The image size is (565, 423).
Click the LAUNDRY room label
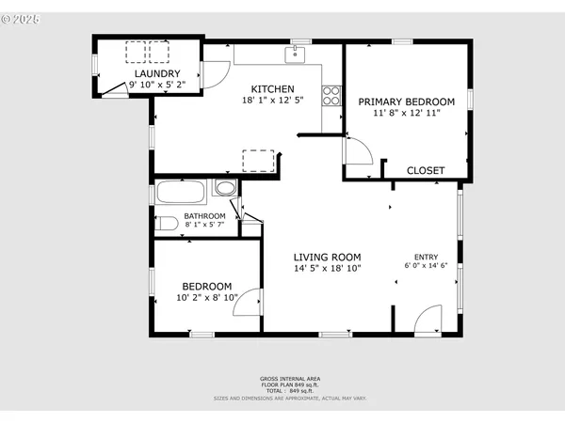pos(156,73)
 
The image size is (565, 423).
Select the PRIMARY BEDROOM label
pos(407,102)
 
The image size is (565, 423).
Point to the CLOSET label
pos(425,170)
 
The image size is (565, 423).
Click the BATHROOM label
pos(204,216)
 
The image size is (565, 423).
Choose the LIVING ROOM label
pos(327,257)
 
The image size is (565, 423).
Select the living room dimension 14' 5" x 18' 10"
pos(327,268)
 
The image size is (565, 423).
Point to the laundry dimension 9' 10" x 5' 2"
pos(156,84)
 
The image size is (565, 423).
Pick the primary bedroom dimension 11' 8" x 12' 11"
pos(407,112)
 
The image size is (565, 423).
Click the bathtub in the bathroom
pos(182,193)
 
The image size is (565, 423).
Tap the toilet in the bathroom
pos(167,224)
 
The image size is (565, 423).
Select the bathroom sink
pos(225,188)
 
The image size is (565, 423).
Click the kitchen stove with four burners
pos(331,94)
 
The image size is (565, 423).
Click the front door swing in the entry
pos(427,319)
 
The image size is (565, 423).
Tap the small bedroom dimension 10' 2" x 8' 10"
pos(206,297)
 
